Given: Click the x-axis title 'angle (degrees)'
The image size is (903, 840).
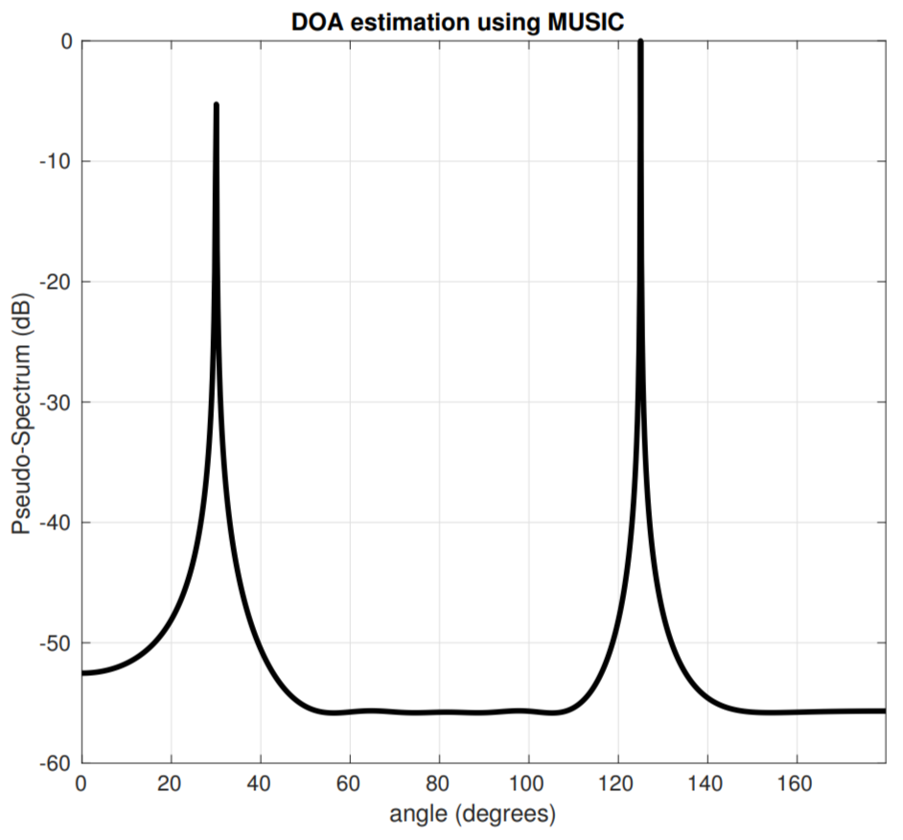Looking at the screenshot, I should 473,815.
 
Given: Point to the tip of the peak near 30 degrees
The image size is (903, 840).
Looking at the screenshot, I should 217,105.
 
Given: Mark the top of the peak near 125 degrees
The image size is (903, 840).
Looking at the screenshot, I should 640,41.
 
